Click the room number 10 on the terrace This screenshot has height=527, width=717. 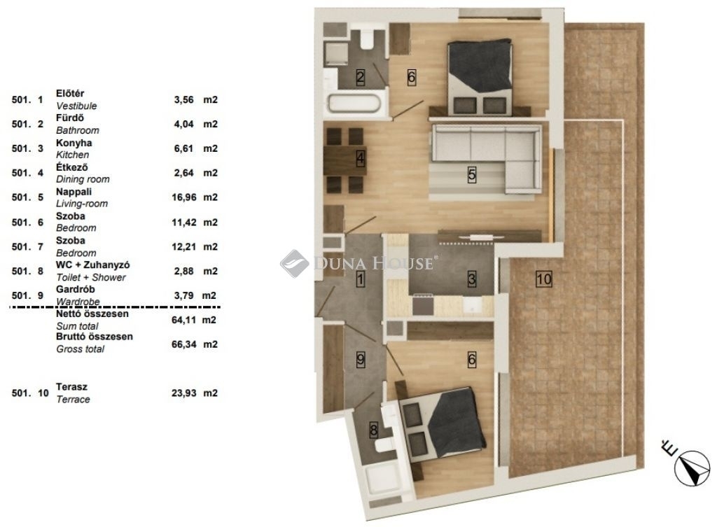(543, 279)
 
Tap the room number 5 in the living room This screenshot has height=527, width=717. (472, 174)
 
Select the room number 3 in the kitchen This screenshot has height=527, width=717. (472, 279)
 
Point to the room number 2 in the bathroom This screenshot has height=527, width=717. (361, 77)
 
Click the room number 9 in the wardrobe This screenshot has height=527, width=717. (361, 359)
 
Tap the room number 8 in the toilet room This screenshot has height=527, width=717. (374, 430)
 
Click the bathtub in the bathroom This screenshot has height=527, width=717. (354, 104)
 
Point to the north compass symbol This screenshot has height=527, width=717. (692, 468)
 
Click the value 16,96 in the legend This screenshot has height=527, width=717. (185, 197)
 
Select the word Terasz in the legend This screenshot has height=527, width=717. (71, 387)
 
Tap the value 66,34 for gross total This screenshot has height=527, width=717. (183, 344)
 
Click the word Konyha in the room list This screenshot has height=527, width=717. (74, 143)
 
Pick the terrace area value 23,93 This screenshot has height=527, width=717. (184, 393)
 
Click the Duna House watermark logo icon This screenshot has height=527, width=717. (294, 264)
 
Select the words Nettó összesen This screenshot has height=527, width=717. (92, 314)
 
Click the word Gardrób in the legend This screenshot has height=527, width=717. (76, 289)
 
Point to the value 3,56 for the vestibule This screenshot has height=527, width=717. (184, 99)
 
